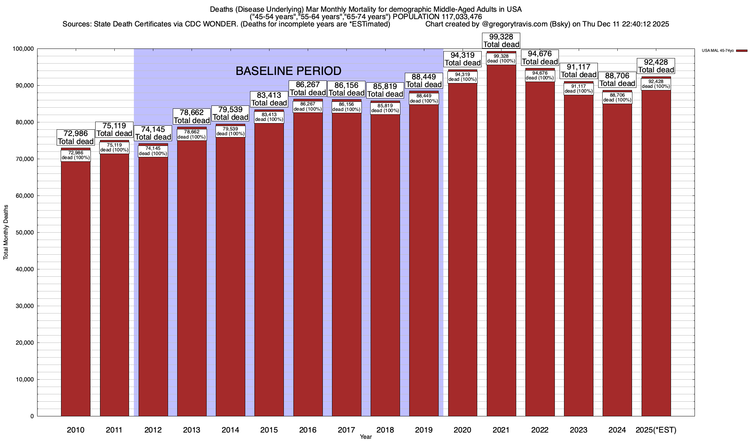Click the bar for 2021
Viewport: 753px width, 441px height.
pyautogui.click(x=501, y=239)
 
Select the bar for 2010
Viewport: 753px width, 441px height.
pyautogui.click(x=76, y=287)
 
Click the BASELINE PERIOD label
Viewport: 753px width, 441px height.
pyautogui.click(x=288, y=71)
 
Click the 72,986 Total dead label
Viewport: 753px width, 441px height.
pyautogui.click(x=76, y=137)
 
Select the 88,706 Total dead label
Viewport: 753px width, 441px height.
pyautogui.click(x=617, y=80)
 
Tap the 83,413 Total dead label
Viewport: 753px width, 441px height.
pyautogui.click(x=269, y=99)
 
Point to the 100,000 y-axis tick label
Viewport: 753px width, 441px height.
pyautogui.click(x=23, y=49)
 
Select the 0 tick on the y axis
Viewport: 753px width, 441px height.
pyautogui.click(x=32, y=416)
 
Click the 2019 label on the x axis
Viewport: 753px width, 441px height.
pyautogui.click(x=424, y=430)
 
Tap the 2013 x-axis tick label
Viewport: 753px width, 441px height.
pyautogui.click(x=192, y=430)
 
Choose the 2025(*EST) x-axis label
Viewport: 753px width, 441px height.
pyautogui.click(x=656, y=430)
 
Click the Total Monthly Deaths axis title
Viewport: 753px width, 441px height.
pyautogui.click(x=6, y=232)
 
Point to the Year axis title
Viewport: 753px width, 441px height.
pyautogui.click(x=366, y=437)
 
